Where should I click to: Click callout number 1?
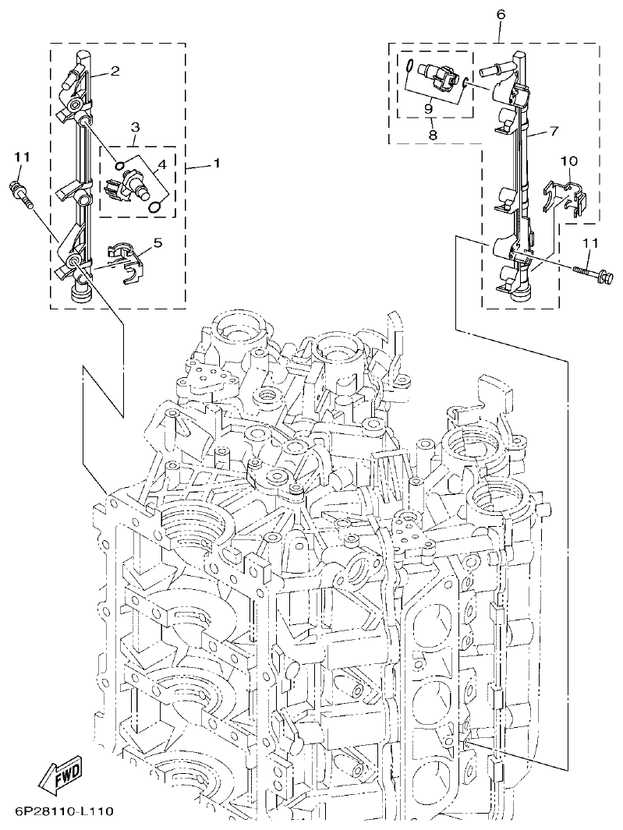pos(216,164)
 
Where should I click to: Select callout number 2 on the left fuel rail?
pos(115,72)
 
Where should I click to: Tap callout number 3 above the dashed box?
pos(135,126)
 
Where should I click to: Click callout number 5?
pos(158,243)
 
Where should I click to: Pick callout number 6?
pos(500,14)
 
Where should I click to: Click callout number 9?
pos(428,109)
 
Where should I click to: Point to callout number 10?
pos(569,161)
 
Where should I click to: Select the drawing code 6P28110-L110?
pos(64,812)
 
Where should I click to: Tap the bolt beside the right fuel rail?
pos(593,272)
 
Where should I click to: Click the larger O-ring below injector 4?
pos(157,206)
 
